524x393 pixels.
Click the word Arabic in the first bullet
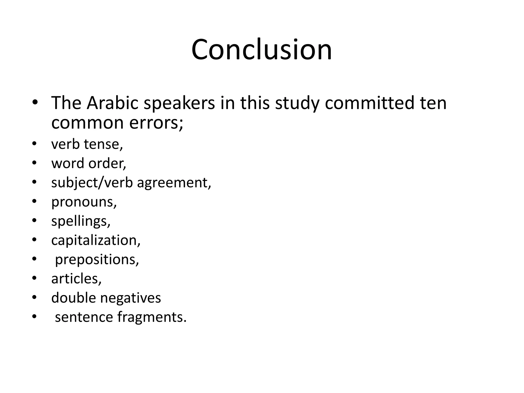coord(112,103)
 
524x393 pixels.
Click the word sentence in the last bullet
coord(84,317)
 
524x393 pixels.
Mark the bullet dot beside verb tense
coord(35,144)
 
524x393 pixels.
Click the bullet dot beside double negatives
coord(35,298)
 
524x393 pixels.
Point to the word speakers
coord(179,103)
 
